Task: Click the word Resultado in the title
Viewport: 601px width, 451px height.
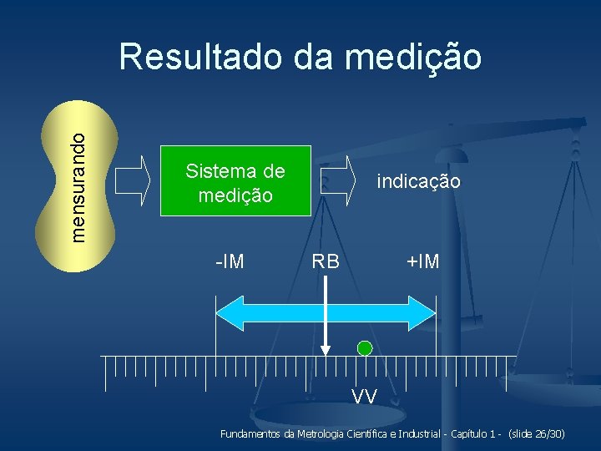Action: pyautogui.click(x=199, y=58)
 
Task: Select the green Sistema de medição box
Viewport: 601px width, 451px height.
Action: pyautogui.click(x=235, y=181)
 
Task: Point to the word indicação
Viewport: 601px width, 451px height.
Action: pyautogui.click(x=418, y=181)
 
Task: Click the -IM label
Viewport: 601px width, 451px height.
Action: pyautogui.click(x=230, y=262)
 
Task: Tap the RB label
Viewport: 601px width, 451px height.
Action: pyautogui.click(x=326, y=262)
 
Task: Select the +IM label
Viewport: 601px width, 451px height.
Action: pyautogui.click(x=422, y=262)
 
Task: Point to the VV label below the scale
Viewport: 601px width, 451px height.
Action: pyautogui.click(x=364, y=395)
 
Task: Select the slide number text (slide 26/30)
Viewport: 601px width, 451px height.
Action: pyautogui.click(x=537, y=434)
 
